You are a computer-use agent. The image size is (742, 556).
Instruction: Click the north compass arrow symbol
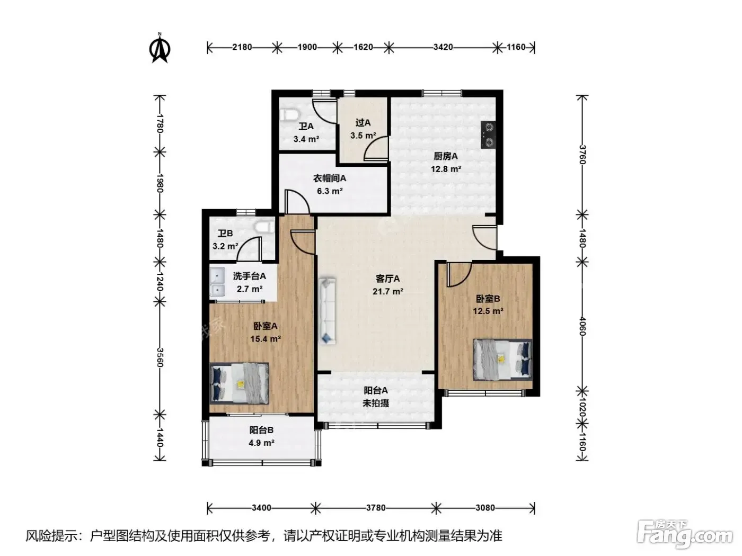point(160,48)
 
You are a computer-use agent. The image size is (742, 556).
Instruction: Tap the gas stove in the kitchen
point(489,134)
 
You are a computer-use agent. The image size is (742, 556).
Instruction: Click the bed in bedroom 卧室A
point(240,383)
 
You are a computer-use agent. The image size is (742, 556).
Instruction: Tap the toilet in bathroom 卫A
point(290,114)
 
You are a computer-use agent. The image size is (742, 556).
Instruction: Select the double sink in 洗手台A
point(217,282)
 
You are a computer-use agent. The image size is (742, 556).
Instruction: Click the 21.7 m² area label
point(387,291)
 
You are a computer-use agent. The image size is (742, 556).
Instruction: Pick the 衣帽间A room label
point(329,178)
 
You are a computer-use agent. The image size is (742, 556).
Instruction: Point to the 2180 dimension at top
point(242,47)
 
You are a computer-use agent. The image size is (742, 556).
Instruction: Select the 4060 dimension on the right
point(582,326)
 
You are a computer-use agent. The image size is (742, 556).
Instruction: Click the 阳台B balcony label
point(261,430)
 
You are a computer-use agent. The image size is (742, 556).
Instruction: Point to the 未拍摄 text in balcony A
point(376,403)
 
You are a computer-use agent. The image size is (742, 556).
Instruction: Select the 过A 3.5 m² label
point(363,129)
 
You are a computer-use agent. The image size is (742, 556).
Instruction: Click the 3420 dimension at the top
point(443,47)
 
